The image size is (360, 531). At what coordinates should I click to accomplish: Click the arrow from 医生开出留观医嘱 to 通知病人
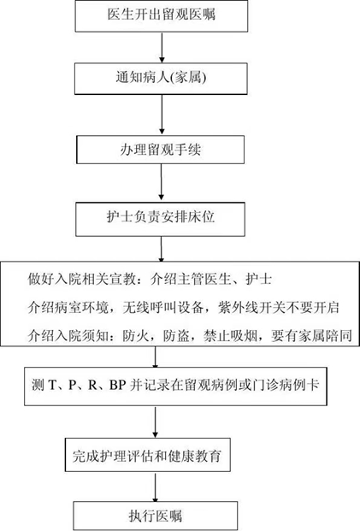coord(162,47)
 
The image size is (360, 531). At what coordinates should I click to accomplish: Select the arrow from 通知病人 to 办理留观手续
coord(162,115)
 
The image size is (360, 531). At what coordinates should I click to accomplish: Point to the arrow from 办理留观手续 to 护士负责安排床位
coord(162,182)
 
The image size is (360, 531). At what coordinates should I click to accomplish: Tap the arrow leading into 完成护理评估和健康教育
coord(155,422)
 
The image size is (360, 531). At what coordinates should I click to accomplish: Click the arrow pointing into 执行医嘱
coord(155,487)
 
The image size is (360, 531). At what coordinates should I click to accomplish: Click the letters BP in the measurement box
coord(118,385)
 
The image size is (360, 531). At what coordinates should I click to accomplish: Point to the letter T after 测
coord(52,385)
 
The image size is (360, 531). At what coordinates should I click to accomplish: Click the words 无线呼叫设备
coord(162,308)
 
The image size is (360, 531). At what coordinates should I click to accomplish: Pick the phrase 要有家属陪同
coord(311,335)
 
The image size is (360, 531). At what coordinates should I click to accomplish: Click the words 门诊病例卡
coord(286,385)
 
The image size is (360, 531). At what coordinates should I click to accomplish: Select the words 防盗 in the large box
coord(176,335)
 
